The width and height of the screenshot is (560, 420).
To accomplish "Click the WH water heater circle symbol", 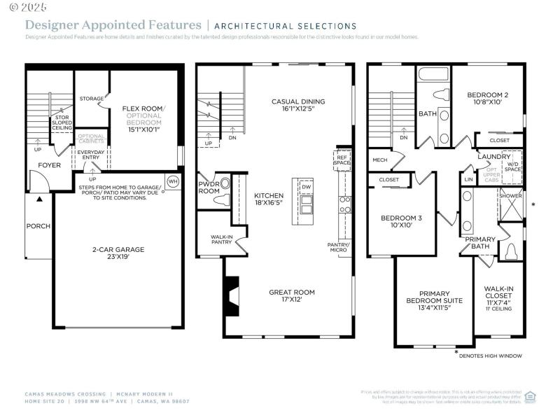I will click(173, 181).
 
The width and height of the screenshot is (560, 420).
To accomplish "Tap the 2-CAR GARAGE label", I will click(118, 252).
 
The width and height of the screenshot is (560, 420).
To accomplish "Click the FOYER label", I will click(49, 165).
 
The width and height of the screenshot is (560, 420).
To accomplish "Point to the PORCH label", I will click(38, 226).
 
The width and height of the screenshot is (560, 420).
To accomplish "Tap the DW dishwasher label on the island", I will click(307, 187).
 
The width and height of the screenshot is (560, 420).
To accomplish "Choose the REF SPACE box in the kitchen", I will click(342, 159).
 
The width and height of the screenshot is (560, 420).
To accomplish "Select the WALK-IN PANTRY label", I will click(221, 239).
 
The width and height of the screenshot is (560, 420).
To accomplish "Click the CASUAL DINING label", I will click(298, 105).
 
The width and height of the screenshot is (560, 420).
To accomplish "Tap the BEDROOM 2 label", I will click(488, 99).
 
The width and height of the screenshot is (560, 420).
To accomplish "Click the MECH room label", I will click(380, 160).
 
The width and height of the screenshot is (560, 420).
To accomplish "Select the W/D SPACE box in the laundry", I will click(513, 165).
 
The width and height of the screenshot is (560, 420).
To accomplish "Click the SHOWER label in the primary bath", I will click(510, 196).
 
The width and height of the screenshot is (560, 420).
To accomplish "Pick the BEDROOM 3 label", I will click(401, 221).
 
